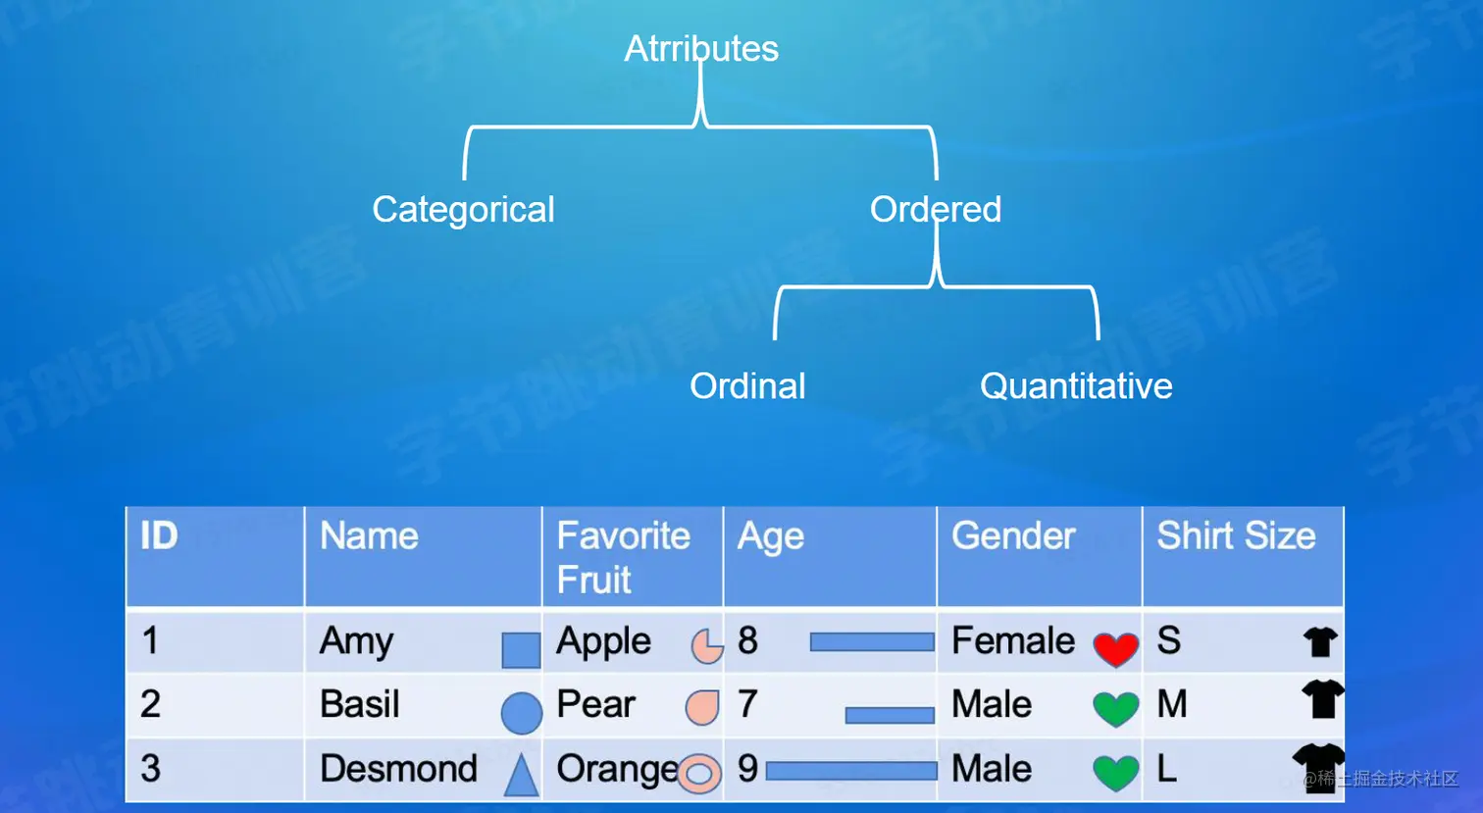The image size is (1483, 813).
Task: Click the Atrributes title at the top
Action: [701, 48]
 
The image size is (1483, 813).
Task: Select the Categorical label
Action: [463, 210]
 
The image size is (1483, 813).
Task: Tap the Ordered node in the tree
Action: [936, 209]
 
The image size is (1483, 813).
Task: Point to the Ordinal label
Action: [747, 386]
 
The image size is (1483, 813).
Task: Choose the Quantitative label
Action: [1076, 386]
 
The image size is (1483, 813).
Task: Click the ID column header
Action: [159, 535]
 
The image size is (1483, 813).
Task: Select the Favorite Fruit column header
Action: [623, 557]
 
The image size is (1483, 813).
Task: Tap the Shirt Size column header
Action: [1236, 535]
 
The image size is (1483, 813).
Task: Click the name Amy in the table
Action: [356, 641]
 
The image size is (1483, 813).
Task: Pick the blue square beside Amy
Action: [521, 649]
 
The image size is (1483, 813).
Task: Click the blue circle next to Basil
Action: [522, 713]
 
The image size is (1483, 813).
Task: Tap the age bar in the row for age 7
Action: [890, 715]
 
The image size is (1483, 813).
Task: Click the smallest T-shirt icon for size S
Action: [1320, 641]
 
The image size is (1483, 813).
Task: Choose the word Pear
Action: [596, 704]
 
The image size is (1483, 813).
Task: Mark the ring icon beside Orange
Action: [699, 773]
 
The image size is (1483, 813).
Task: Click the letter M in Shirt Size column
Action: [1172, 704]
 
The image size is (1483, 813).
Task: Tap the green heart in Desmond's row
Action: [1116, 773]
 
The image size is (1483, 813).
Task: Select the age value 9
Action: [747, 769]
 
